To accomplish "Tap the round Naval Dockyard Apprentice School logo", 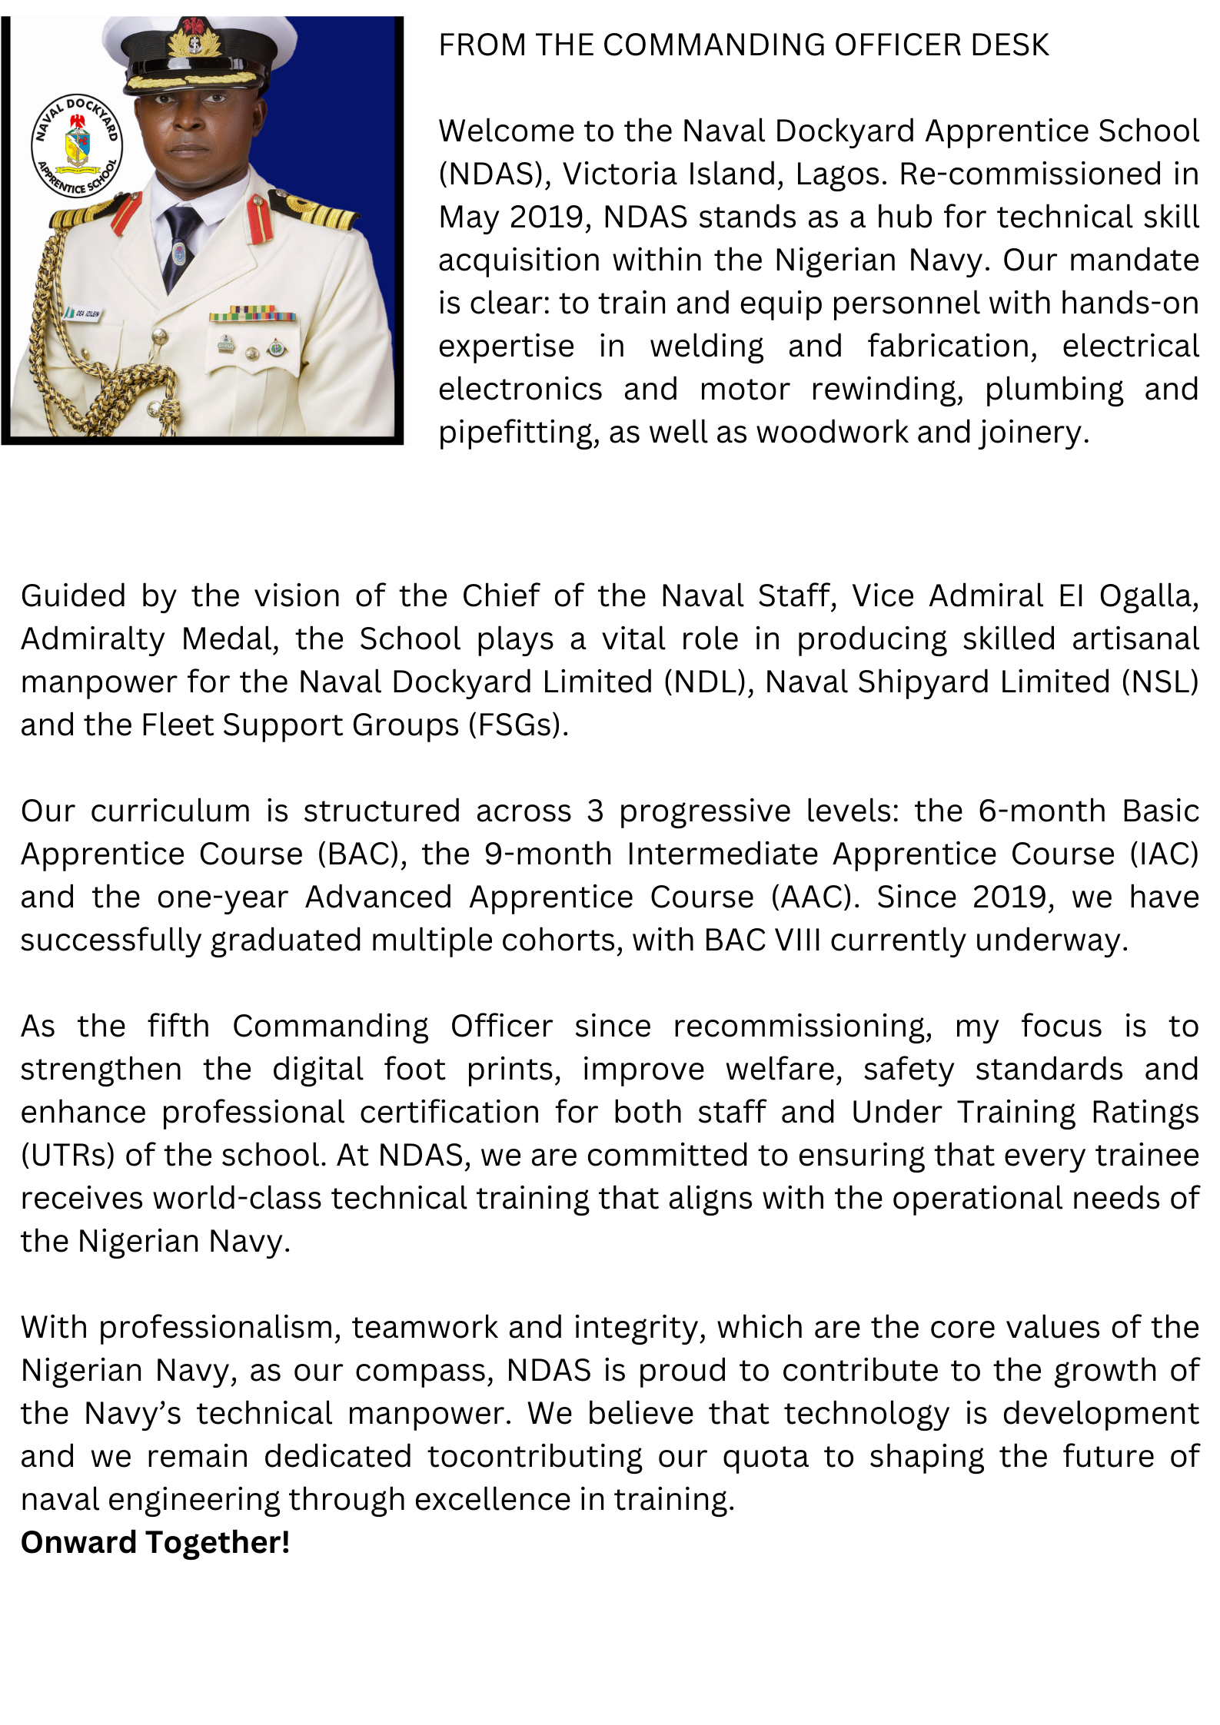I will [x=76, y=146].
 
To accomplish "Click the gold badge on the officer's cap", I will [x=194, y=39].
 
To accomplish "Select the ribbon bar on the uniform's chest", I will [x=252, y=314].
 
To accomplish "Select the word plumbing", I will [x=1054, y=390].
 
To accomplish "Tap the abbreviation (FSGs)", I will [x=518, y=725].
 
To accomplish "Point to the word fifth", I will [x=178, y=1027].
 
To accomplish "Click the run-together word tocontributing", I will [x=535, y=1457].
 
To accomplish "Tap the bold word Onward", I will [x=78, y=1543].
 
